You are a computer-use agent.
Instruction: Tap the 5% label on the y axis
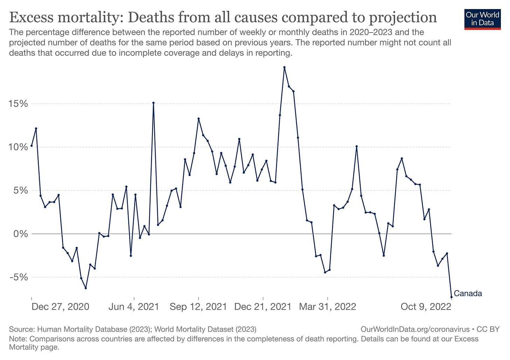[21, 191]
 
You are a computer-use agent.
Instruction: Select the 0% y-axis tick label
[21, 234]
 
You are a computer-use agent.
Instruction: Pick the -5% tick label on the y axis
[19, 277]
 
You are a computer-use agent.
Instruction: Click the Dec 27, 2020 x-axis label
[60, 307]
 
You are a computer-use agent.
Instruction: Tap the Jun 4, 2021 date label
[134, 307]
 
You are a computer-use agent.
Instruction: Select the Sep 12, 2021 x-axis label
[198, 307]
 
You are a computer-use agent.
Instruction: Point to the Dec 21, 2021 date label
[263, 307]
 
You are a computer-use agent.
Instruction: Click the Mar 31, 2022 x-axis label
[328, 307]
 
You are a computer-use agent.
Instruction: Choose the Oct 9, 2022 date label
[426, 307]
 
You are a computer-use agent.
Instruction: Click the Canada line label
[468, 293]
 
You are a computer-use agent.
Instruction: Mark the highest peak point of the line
[284, 67]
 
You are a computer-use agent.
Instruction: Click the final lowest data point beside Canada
[452, 297]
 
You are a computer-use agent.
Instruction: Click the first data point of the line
[32, 146]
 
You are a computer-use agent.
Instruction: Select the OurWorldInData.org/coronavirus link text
[415, 329]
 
